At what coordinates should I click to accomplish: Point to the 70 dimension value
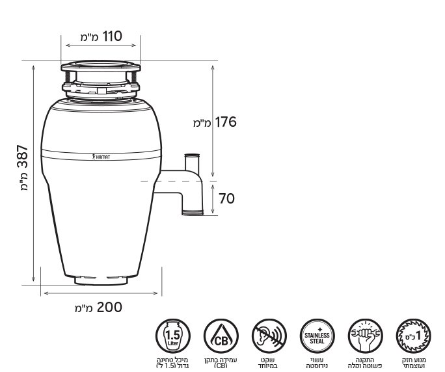[226, 198]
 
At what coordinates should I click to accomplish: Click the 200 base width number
[109, 306]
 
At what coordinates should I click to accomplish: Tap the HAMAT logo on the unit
[102, 157]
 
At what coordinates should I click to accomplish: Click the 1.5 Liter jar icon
[172, 336]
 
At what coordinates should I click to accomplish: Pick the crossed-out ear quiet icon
[268, 336]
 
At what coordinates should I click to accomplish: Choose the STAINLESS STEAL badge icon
[316, 336]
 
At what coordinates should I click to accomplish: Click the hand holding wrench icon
[365, 336]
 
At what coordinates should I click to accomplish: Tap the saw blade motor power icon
[413, 336]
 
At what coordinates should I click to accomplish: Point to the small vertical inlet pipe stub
[191, 161]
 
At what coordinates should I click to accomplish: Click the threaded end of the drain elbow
[191, 210]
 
